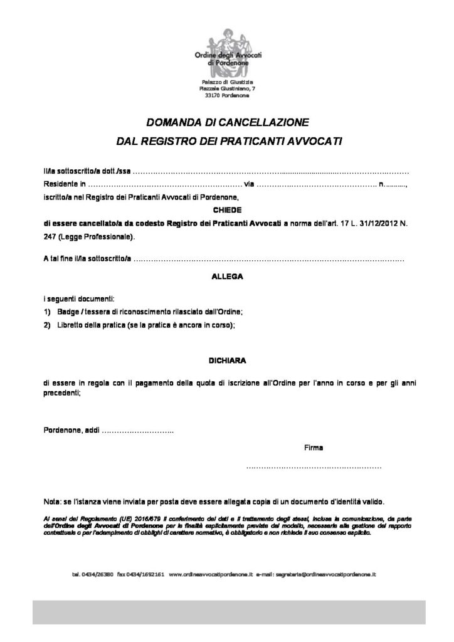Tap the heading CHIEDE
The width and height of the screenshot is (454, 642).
pos(226,210)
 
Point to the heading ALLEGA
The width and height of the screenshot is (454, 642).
pos(226,275)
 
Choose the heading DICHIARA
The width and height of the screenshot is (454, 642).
pos(226,361)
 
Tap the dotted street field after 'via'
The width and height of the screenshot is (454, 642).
pos(317,184)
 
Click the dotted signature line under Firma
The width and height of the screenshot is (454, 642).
pos(314,468)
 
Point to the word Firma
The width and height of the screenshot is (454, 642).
pos(314,448)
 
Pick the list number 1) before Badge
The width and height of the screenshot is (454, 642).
pos(48,312)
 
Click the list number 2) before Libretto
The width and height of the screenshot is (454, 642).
pos(48,325)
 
